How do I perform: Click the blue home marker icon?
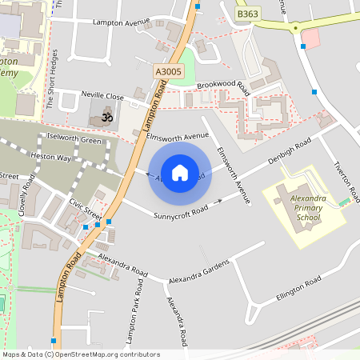pyautogui.click(x=180, y=172)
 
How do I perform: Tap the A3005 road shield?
pyautogui.click(x=167, y=72)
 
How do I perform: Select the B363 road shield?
pyautogui.click(x=248, y=14)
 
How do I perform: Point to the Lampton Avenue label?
pyautogui.click(x=121, y=23)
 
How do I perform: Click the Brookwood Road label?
pyautogui.click(x=223, y=88)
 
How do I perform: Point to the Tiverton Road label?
pyautogui.click(x=346, y=184)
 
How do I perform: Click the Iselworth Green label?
pyautogui.click(x=74, y=141)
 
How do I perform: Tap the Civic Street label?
pyautogui.click(x=85, y=209)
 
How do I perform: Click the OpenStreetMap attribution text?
pyautogui.click(x=81, y=354)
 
